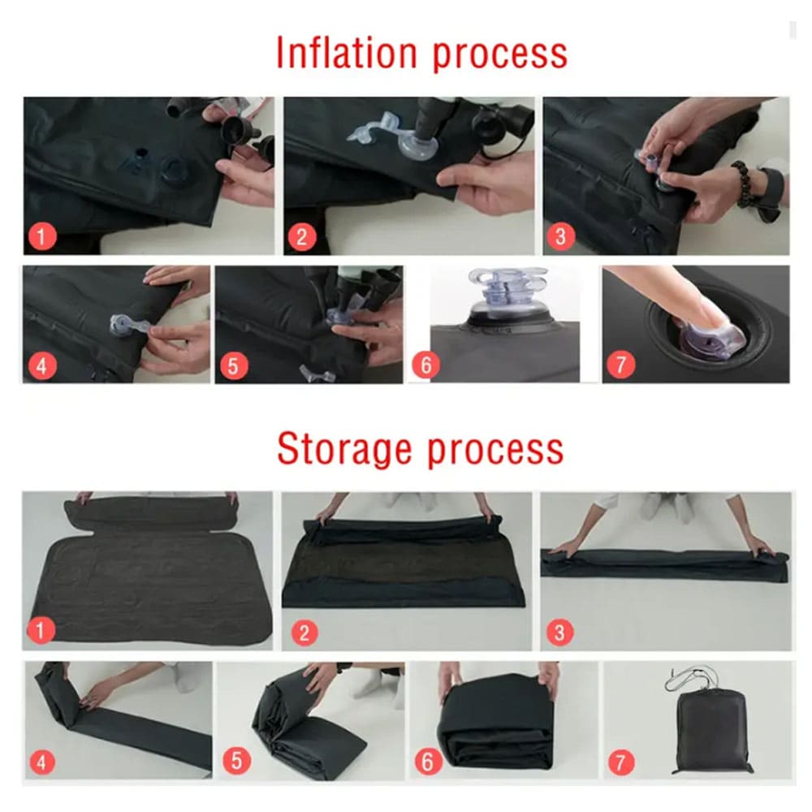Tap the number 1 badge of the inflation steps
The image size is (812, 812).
[42, 236]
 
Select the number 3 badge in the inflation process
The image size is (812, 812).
[561, 236]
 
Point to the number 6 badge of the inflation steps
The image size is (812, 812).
[425, 365]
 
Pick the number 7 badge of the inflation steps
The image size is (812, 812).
[620, 364]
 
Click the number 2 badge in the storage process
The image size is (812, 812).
[304, 633]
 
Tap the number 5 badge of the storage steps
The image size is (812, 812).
[236, 762]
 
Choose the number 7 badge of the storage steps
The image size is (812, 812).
[621, 762]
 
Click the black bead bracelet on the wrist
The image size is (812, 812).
[744, 184]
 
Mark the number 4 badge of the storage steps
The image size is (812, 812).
[42, 762]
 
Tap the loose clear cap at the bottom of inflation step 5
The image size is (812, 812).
[317, 374]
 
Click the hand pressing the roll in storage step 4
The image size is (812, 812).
[98, 692]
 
